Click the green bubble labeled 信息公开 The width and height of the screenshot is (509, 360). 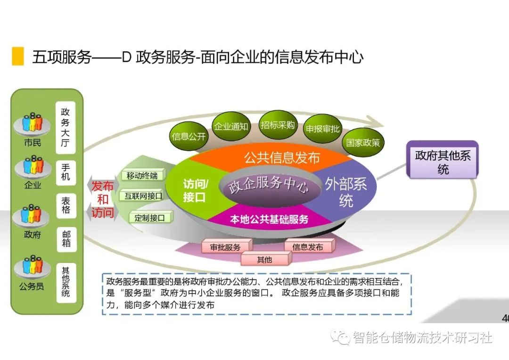(x=189, y=136)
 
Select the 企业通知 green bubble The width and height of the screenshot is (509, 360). (x=231, y=126)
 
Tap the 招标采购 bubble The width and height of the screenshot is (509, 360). (x=278, y=125)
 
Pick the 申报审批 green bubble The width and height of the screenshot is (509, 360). (x=322, y=129)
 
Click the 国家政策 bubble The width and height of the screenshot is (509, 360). (x=363, y=142)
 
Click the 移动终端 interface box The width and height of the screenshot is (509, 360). (x=142, y=176)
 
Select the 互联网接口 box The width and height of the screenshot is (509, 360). (x=143, y=196)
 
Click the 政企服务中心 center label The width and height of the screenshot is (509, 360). (x=269, y=185)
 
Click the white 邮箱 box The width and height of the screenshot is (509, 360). (x=66, y=239)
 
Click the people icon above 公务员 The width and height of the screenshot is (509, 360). (x=32, y=267)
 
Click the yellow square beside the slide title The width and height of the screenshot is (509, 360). (x=17, y=56)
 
